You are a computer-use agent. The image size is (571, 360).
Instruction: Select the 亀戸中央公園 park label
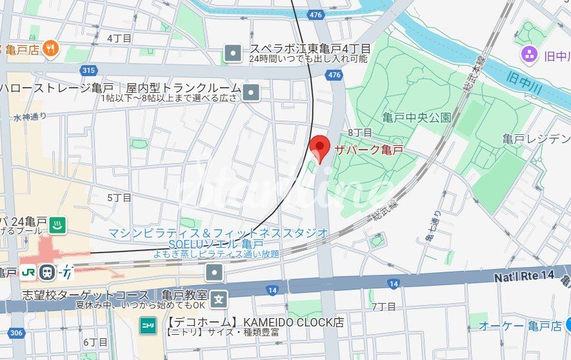click(416, 117)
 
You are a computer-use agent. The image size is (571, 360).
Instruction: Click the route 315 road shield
click(89, 70)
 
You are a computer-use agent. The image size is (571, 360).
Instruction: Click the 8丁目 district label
click(360, 132)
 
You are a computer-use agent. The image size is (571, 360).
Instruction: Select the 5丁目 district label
click(119, 197)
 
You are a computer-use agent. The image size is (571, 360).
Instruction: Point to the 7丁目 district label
click(384, 306)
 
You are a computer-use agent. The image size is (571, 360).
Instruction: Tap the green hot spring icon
click(58, 225)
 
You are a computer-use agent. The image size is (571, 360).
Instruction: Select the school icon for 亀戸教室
click(220, 299)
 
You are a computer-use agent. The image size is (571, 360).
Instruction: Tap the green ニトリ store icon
click(148, 326)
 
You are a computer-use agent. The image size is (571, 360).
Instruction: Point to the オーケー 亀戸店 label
click(519, 326)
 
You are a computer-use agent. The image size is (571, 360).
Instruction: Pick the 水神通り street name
click(30, 117)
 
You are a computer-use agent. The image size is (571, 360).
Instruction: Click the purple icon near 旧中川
click(530, 54)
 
